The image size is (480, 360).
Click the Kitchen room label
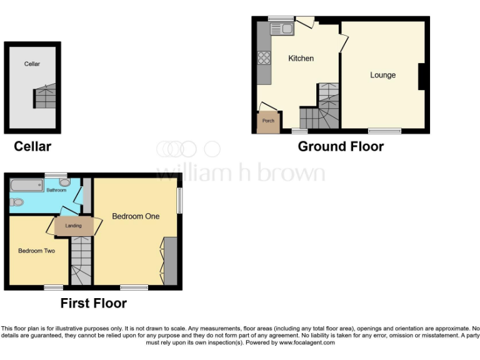coord(301,58)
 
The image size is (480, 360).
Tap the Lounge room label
coord(382,75)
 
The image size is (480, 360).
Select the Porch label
coord(268,121)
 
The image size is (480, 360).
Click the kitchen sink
coord(282,28)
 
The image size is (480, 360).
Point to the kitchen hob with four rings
coord(264,58)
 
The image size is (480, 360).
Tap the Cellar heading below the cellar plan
coord(32,147)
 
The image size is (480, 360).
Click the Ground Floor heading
coord(341,147)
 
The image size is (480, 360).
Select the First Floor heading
coord(93,304)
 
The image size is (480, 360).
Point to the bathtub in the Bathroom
coord(26,186)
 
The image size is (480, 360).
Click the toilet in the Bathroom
coord(16,202)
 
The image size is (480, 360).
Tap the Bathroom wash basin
coord(65,182)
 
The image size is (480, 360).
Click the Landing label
coord(74,226)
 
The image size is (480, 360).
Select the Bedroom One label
coord(136,216)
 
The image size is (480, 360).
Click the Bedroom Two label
coord(36,251)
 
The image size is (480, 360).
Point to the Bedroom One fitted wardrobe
coord(169,261)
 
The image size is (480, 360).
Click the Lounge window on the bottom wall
coord(384,131)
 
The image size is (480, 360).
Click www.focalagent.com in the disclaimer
coord(307,342)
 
